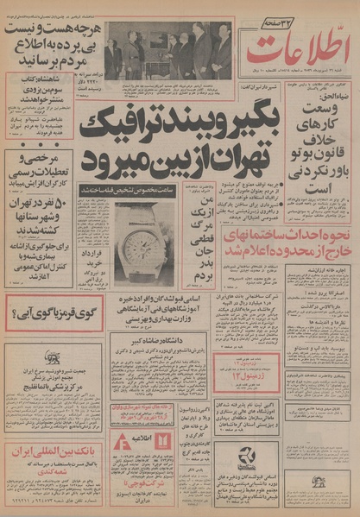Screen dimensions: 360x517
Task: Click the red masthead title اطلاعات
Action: click(x=290, y=48)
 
